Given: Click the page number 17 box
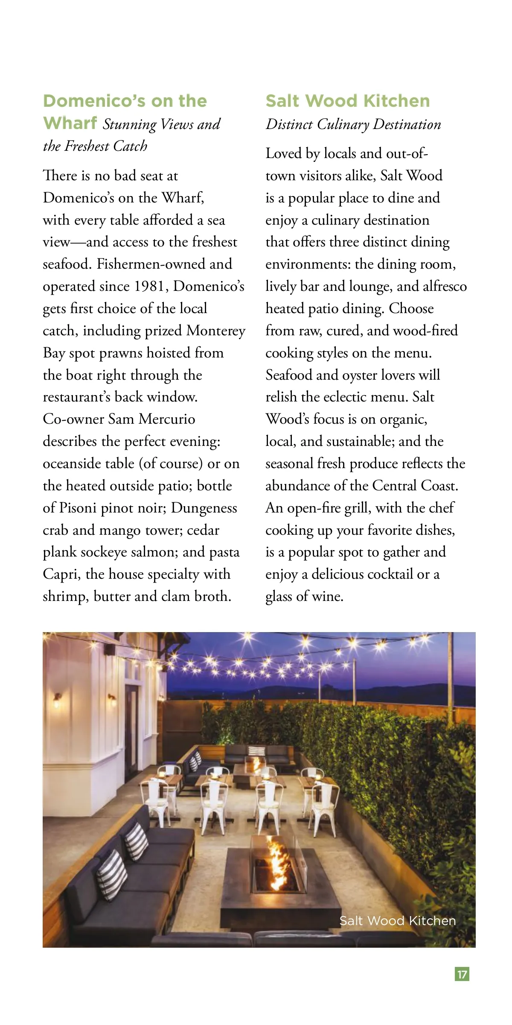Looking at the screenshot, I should (462, 974).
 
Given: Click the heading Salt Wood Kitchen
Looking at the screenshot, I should (347, 101).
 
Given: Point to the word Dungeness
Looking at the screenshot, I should (204, 508).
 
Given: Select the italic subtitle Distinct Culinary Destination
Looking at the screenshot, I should (353, 124).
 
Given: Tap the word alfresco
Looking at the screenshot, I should (445, 286).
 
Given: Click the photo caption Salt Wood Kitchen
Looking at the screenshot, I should (397, 920).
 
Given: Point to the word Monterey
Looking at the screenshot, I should (216, 331).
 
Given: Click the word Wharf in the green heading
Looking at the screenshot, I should (70, 123).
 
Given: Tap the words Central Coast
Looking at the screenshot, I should (415, 486).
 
